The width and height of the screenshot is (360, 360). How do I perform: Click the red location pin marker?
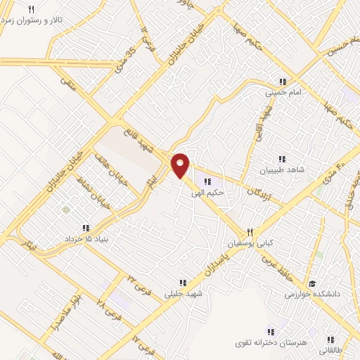click(181, 165)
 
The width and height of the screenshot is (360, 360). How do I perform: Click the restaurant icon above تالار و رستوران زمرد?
click(31, 8)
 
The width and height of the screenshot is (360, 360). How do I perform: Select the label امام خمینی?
click(283, 92)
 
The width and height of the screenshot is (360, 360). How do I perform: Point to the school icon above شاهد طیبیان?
click(283, 158)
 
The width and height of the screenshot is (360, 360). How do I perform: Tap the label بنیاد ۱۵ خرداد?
click(86, 240)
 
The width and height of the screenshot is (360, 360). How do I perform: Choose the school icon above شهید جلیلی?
click(183, 283)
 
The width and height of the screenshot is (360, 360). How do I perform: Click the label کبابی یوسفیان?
click(248, 243)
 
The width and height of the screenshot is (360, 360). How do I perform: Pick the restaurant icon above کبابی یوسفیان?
click(249, 232)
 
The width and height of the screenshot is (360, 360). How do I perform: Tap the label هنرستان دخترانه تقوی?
click(270, 342)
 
